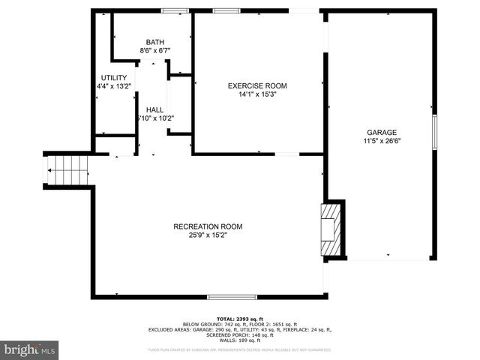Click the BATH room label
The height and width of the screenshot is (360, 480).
tap(155, 42)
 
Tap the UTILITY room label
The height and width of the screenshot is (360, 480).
tap(114, 78)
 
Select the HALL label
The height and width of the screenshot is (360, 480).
tap(155, 109)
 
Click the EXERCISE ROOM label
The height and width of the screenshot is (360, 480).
tap(257, 86)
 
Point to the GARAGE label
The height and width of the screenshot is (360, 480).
tap(382, 132)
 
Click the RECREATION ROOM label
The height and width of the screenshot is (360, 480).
tap(208, 226)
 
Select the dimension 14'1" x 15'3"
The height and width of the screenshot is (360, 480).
tap(257, 95)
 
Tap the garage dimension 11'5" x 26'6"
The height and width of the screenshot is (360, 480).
tap(382, 141)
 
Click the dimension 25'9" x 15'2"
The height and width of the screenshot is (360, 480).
tap(208, 235)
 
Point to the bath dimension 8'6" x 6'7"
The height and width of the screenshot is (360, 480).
tap(155, 51)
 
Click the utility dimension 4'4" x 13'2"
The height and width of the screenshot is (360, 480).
tap(114, 87)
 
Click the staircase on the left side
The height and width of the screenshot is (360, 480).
tap(68, 169)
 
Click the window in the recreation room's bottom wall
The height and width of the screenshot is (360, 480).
tap(226, 297)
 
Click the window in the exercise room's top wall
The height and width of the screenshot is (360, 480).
tap(223, 10)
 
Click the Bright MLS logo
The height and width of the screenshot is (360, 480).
tap(30, 350)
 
